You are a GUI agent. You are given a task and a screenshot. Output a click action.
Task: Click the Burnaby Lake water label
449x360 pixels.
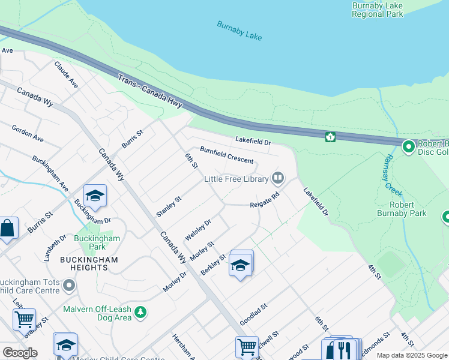(x=240, y=31)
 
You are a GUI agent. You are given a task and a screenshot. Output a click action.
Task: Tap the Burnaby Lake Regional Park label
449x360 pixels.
(x=378, y=10)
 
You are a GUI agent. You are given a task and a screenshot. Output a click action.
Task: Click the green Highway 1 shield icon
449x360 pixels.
(x=330, y=137)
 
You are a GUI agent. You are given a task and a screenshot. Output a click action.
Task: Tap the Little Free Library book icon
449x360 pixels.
(x=277, y=178)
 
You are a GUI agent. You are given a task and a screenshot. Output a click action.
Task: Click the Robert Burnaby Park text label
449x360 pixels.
(x=402, y=209)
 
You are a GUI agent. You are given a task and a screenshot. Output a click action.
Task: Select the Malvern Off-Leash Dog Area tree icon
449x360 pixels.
(x=140, y=312)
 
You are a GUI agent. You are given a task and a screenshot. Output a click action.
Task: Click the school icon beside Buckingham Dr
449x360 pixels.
(x=95, y=196)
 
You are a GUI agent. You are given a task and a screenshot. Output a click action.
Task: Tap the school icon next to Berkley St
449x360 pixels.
(x=240, y=265)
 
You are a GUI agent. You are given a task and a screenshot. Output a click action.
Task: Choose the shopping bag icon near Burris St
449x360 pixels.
(x=7, y=229)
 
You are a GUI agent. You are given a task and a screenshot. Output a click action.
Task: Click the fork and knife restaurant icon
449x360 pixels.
(x=343, y=349)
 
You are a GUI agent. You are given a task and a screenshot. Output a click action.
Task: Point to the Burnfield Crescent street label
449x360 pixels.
(x=226, y=156)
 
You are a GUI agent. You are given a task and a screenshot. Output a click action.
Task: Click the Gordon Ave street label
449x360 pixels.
(x=28, y=134)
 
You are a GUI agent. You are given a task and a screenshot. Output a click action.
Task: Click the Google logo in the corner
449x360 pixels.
(x=20, y=353)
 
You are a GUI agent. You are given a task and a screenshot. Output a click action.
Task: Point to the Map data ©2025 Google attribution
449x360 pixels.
(x=411, y=355)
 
